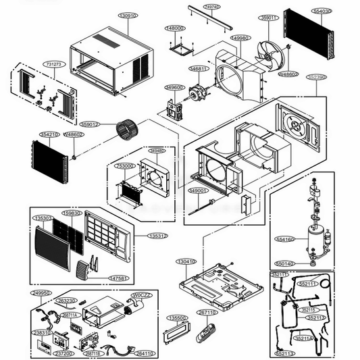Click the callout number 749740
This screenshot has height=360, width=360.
pyautogui.click(x=211, y=7)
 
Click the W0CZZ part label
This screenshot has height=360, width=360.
pyautogui.click(x=141, y=295)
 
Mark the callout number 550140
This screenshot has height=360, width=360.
pyautogui.click(x=284, y=263)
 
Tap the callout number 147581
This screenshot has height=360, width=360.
pyautogui.click(x=118, y=278)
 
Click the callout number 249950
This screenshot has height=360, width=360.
pyautogui.click(x=41, y=293)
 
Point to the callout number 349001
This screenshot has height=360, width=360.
pyautogui.click(x=197, y=191)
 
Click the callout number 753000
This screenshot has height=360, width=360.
pyautogui.click(x=126, y=165)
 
